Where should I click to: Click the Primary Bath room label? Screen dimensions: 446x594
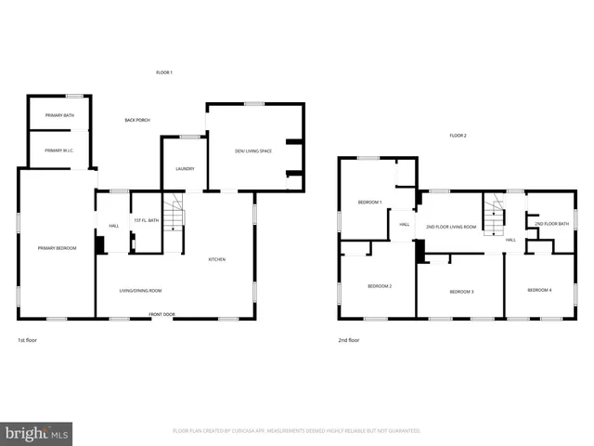pos(59,115)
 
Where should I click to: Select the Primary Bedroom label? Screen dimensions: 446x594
pos(57,248)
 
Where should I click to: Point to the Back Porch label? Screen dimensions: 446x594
pos(137,120)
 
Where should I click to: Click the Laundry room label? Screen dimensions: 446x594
pos(185,168)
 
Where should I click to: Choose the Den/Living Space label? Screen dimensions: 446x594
pos(252,151)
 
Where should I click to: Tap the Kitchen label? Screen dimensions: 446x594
pos(216,259)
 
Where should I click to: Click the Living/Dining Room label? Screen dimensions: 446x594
pos(140,291)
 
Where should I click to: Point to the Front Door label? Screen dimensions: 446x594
pos(162,315)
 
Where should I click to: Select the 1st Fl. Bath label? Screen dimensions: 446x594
pos(147,220)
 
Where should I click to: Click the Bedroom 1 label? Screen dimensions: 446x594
pos(370,202)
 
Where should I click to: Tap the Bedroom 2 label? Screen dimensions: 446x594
pos(379,286)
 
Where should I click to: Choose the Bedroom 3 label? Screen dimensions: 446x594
pos(461,292)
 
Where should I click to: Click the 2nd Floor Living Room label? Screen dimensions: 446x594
pos(451,227)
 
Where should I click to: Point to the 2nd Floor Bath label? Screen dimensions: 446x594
pos(551,224)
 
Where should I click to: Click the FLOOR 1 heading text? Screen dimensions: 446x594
pos(164,72)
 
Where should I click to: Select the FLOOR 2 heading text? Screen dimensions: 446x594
pos(458,136)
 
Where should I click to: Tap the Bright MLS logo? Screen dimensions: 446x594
pos(36,433)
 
